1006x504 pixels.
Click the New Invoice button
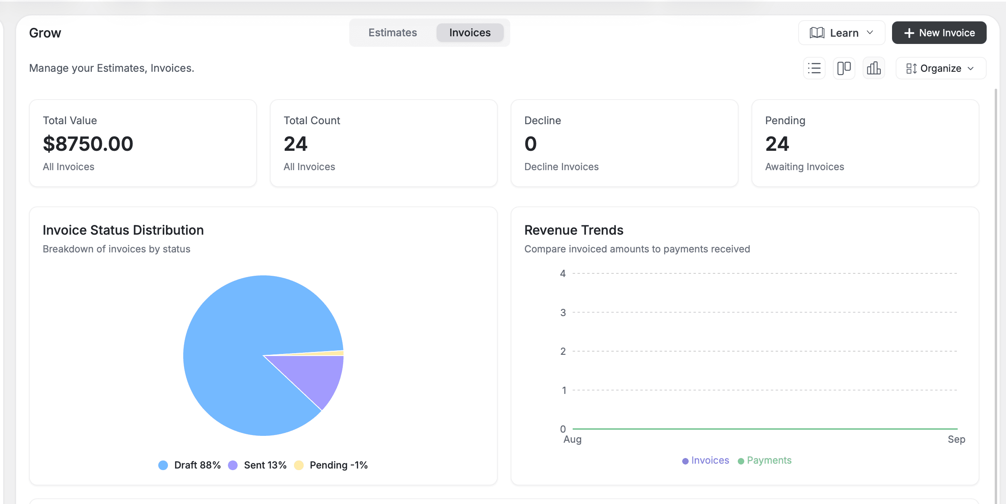coord(939,33)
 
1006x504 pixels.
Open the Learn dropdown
coord(841,33)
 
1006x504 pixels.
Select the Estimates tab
coord(393,33)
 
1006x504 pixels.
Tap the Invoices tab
coord(470,33)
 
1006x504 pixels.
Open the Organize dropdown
coord(940,69)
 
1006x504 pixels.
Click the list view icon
coord(814,68)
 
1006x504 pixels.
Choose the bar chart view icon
coord(874,68)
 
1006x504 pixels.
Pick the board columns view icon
coord(844,68)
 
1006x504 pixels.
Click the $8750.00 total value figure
coord(88,144)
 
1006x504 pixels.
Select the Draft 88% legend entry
coord(190,465)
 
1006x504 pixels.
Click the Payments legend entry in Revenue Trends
coord(765,460)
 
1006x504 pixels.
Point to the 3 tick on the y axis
coord(563,312)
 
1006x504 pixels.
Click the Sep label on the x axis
coord(956,439)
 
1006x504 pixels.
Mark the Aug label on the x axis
coord(572,439)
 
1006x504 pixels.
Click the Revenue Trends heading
coord(573,230)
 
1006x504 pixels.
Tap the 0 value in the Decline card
coord(530,144)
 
